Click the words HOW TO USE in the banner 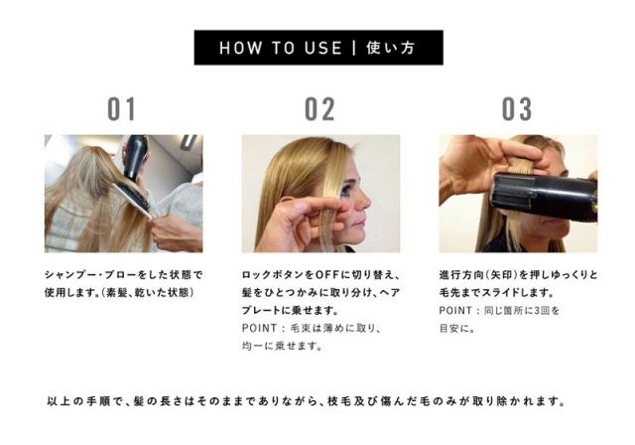coord(280,48)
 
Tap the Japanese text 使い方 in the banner coord(391,48)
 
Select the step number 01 coord(121,109)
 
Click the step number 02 coord(319,109)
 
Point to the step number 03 coord(517,109)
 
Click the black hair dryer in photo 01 coord(136,157)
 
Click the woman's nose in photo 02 coord(364,202)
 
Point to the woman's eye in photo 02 coord(347,190)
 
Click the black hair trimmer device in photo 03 coord(544,197)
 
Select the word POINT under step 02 coord(260,328)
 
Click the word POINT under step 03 coord(455,311)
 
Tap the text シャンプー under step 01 coord(70,275)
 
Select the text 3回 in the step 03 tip coord(543,311)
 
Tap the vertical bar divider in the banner coord(354,48)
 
